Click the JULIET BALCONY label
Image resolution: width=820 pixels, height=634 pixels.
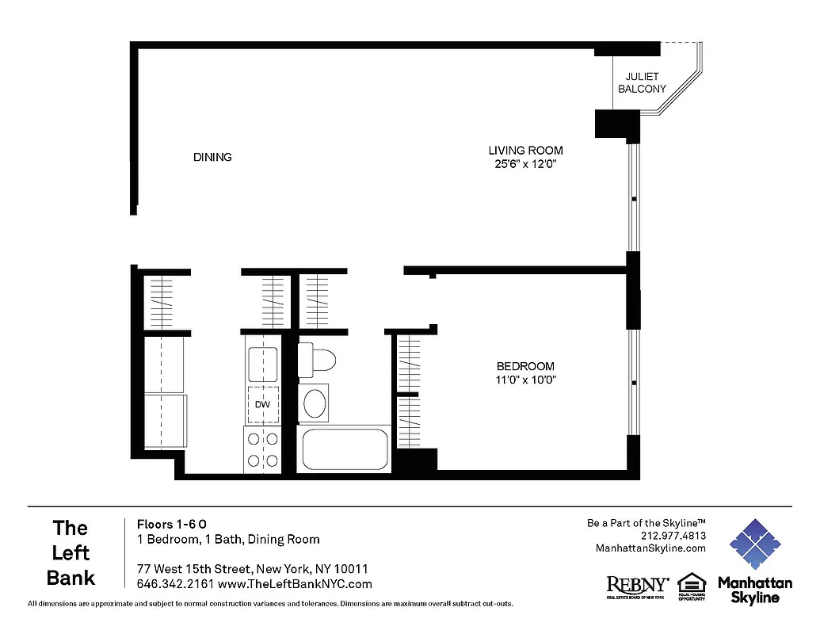click(642, 83)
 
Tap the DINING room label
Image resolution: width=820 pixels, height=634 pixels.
click(212, 157)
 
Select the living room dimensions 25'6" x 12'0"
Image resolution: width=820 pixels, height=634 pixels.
click(525, 165)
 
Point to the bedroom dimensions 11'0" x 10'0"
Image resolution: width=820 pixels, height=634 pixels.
click(525, 380)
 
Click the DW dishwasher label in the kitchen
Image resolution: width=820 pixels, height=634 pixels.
click(262, 405)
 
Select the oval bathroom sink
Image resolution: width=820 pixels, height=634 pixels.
click(315, 402)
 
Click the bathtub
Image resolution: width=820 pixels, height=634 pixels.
click(344, 449)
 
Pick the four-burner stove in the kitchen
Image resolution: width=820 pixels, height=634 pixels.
click(262, 449)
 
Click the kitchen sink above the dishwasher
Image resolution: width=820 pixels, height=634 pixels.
click(262, 365)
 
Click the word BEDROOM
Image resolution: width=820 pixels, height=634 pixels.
click(525, 366)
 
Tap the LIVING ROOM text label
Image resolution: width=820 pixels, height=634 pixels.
click(525, 151)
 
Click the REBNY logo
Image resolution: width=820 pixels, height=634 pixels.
click(637, 586)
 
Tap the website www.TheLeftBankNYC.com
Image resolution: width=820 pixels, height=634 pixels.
click(294, 584)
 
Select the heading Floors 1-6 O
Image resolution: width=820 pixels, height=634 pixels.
click(172, 524)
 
